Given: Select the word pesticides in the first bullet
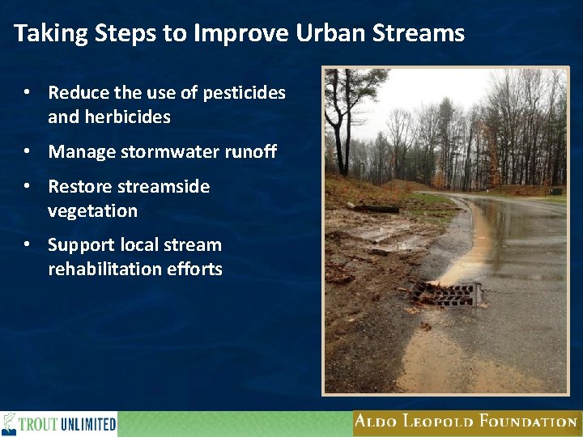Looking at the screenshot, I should (245, 93).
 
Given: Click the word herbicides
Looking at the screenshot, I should (109, 117).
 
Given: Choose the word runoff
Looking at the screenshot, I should (249, 151).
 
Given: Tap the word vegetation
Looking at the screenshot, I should (92, 211).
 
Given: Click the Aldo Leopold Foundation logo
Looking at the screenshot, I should (466, 422).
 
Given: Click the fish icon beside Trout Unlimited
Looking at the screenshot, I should (10, 423).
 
